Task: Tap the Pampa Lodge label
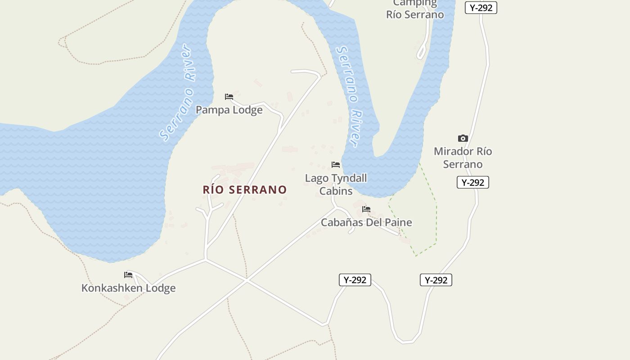[x=229, y=110]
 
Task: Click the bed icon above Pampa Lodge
[x=229, y=97]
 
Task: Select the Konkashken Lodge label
[x=128, y=288]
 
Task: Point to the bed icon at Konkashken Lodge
[x=128, y=274]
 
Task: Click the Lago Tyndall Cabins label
[x=336, y=184]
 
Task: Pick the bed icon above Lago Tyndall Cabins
[x=336, y=165]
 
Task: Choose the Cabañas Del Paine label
[x=366, y=222]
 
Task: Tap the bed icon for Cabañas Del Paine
[x=366, y=209]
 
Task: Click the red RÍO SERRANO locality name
[x=245, y=189]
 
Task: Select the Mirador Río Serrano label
[x=463, y=157]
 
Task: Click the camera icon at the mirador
[x=463, y=138]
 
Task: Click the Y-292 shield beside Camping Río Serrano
[x=481, y=8]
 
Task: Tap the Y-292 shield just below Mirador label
[x=472, y=182]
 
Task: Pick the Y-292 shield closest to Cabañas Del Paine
[x=355, y=280]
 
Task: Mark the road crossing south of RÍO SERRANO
[x=247, y=280]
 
